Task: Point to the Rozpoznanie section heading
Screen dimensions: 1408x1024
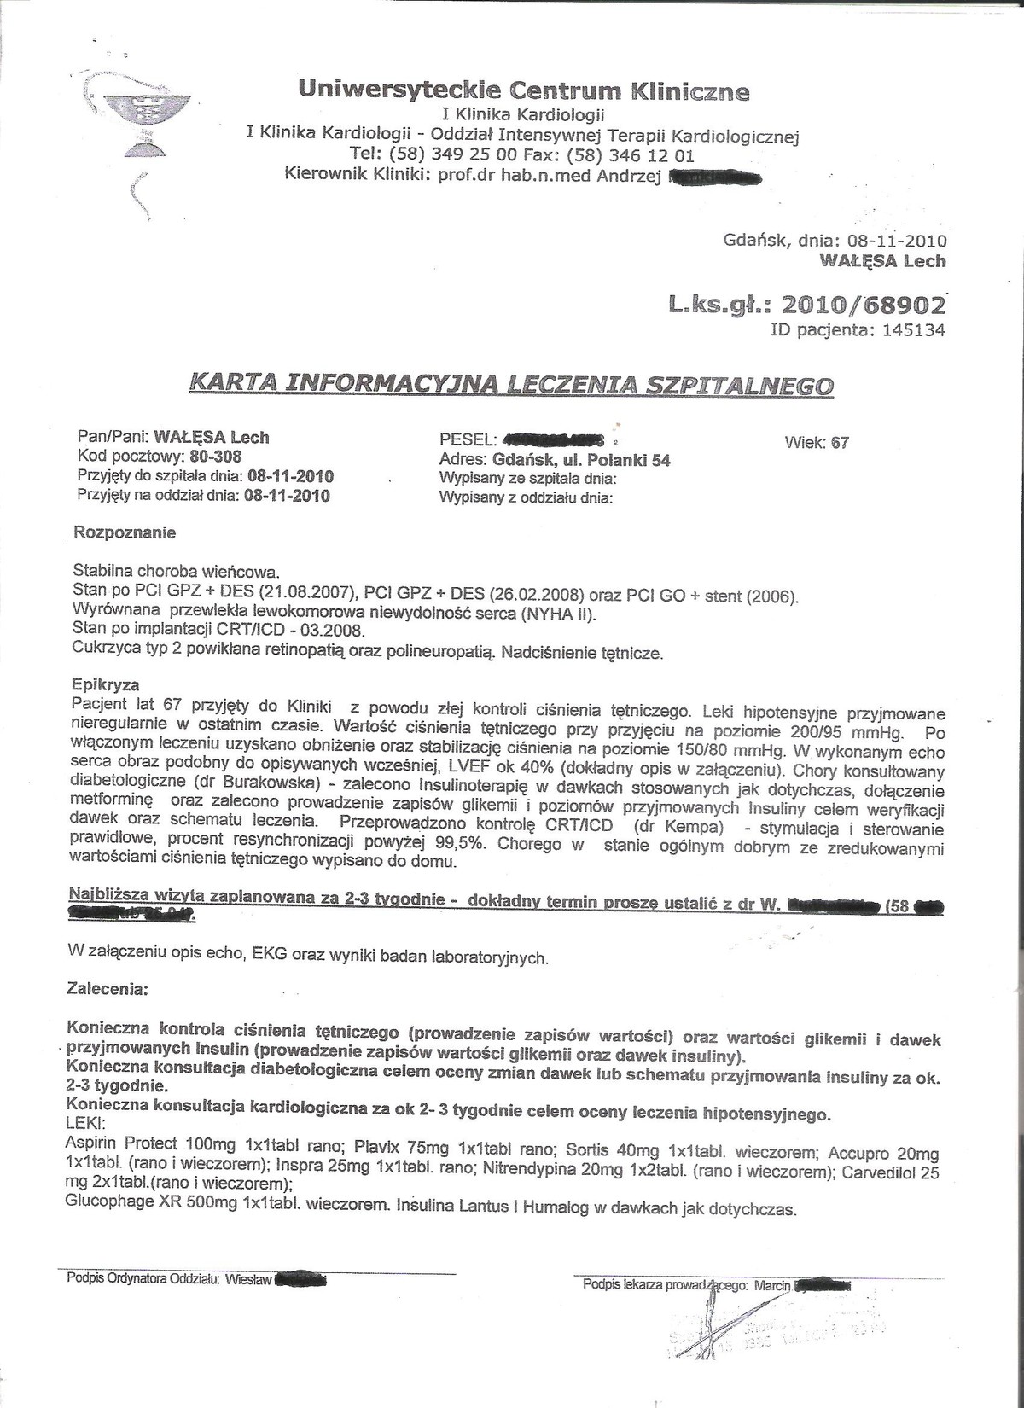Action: pos(125,532)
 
